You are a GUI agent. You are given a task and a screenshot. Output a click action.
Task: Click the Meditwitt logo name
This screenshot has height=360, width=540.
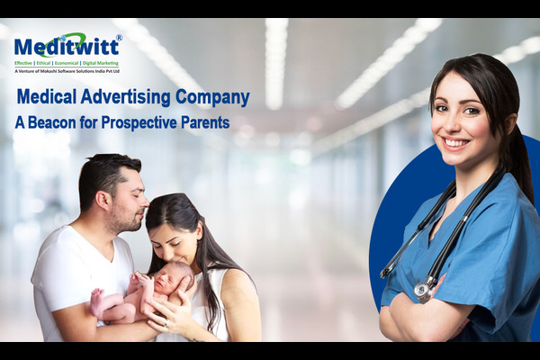67,47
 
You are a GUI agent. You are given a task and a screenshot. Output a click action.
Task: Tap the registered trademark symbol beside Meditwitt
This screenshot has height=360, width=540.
119,37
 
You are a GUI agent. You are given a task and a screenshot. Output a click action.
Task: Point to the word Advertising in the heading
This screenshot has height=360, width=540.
125,97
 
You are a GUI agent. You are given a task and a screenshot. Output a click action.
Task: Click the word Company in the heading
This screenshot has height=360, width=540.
212,98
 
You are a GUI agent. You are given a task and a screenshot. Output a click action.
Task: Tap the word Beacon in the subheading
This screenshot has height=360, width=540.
52,123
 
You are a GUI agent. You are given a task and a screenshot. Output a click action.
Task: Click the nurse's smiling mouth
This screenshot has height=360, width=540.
456,142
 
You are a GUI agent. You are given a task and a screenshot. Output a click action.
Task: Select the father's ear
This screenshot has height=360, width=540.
103,200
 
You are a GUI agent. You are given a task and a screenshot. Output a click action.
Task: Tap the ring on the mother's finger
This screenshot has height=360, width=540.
166,323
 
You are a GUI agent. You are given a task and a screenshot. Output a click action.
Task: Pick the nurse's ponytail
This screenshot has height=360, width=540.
519,166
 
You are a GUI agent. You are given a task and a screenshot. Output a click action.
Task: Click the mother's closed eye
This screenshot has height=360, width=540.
176,243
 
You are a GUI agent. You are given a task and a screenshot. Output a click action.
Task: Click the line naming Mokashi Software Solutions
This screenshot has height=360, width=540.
67,71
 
